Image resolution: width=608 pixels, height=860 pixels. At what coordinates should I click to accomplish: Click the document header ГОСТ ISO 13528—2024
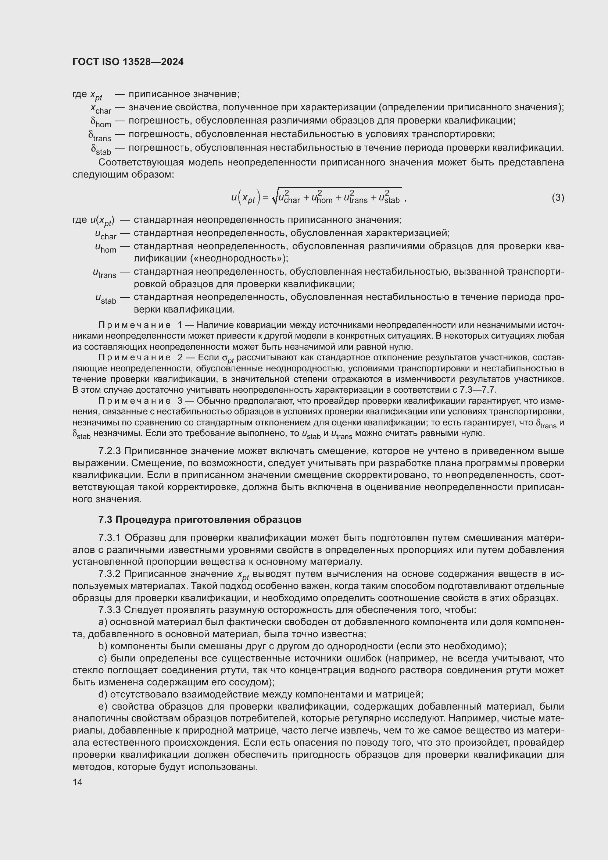click(x=128, y=62)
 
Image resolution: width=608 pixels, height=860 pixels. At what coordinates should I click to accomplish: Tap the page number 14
click(x=78, y=782)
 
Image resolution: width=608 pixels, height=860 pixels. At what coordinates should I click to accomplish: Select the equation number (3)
click(x=558, y=197)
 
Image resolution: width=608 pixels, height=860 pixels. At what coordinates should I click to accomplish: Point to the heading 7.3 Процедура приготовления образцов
click(x=200, y=520)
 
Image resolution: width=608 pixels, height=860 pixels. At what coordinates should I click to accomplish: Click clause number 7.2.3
click(x=110, y=451)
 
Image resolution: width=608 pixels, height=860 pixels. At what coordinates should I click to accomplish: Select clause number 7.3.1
click(x=110, y=538)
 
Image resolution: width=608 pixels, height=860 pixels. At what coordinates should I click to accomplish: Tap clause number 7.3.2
click(x=110, y=574)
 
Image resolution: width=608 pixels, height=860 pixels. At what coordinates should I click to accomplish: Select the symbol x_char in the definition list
click(x=101, y=108)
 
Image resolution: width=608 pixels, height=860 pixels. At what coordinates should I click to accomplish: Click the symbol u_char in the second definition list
click(x=105, y=235)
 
